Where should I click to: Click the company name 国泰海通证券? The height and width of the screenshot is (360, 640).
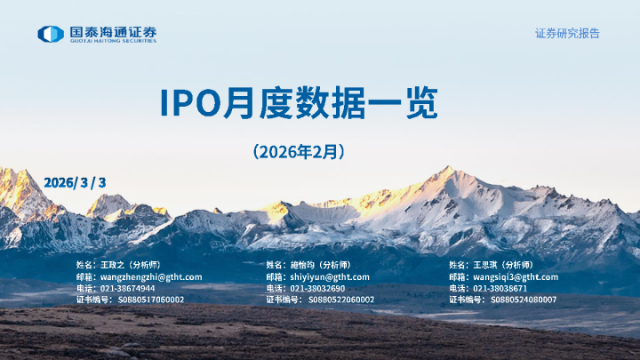114,31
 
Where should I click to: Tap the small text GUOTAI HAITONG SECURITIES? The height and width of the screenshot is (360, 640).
114,41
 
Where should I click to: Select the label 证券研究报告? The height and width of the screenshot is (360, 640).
567,33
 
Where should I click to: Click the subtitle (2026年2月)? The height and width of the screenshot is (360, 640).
299,152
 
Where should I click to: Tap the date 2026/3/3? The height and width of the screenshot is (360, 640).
75,182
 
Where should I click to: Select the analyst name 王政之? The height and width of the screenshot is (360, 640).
114,265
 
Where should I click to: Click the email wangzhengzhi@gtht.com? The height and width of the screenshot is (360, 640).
151,276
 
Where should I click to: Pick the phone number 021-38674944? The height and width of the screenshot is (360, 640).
127,288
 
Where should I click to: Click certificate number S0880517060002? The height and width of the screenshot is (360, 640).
151,300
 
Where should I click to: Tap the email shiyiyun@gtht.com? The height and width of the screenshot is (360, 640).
331,276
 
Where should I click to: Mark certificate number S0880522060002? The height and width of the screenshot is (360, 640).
341,300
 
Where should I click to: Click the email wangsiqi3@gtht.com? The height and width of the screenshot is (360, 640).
516,276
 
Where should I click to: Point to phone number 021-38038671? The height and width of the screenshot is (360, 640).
500,288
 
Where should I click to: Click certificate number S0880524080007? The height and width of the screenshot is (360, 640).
524,300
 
